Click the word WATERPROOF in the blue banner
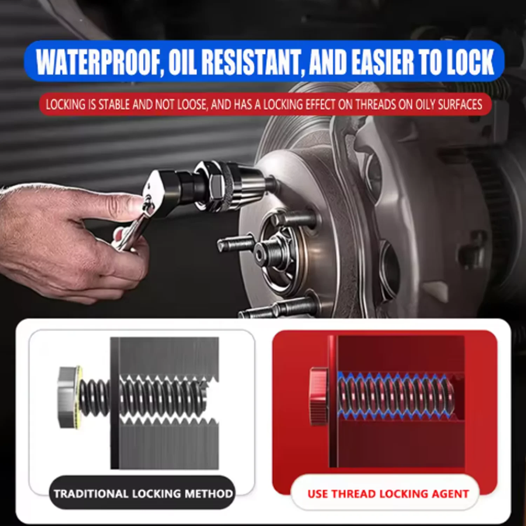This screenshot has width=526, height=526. [99, 62]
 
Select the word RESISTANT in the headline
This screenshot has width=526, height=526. [251, 62]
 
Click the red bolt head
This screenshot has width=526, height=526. [319, 396]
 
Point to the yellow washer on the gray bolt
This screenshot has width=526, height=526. [80, 397]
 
